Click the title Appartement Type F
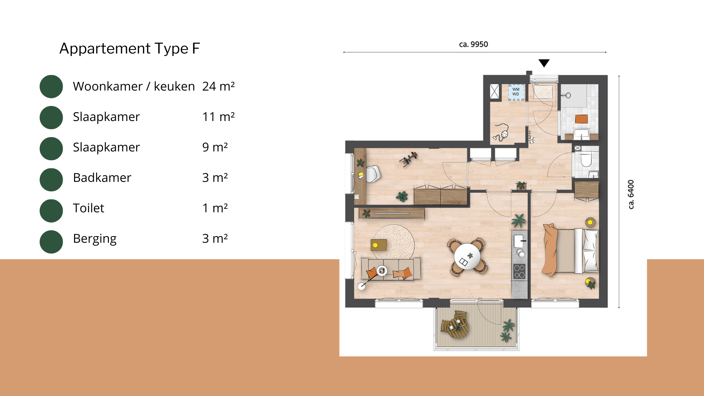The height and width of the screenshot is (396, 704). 130,48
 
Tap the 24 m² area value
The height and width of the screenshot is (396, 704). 219,87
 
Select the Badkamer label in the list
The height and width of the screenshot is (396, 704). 102,177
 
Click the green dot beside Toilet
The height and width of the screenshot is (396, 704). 51,211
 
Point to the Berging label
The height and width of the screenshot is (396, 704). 95,239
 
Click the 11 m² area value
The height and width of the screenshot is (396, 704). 219,117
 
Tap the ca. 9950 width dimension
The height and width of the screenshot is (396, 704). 473,44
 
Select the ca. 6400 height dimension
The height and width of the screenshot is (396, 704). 631,194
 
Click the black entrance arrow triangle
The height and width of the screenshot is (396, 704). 544,63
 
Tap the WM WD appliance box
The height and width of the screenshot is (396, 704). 516,92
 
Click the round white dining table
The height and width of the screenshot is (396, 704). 467,256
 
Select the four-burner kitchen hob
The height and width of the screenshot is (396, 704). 519,271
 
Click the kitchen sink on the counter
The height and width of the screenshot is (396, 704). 519,241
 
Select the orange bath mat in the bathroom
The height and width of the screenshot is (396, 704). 582,119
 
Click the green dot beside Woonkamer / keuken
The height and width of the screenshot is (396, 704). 51,87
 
